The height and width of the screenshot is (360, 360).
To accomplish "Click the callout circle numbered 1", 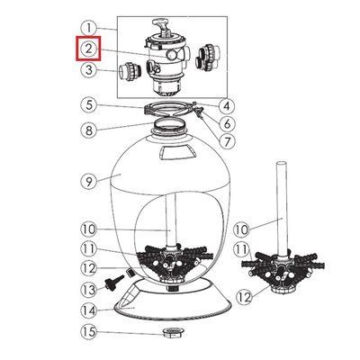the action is tap(89, 29).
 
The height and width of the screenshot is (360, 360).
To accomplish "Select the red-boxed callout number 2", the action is tap(89, 49).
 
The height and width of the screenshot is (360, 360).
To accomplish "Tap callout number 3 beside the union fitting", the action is tap(89, 70).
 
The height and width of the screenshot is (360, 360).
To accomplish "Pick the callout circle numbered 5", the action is tap(89, 105).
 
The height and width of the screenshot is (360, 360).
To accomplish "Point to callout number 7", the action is tap(227, 140).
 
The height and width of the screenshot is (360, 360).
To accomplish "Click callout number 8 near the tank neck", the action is tap(89, 130).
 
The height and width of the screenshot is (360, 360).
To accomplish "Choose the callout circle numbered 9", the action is tap(89, 181).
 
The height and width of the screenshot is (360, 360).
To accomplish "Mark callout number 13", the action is tap(89, 290).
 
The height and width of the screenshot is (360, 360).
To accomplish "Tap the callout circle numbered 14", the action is tap(89, 310).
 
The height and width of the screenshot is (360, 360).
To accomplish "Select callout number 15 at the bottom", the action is tap(89, 331).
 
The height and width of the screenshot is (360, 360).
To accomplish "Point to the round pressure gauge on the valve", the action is tap(172, 55).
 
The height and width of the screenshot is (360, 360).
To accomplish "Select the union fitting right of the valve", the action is tap(208, 58).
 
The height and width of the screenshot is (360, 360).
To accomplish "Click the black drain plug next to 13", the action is tap(112, 281).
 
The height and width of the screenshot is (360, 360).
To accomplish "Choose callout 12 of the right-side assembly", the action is tap(245, 297).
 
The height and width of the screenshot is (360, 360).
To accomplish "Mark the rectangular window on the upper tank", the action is tap(175, 153).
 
